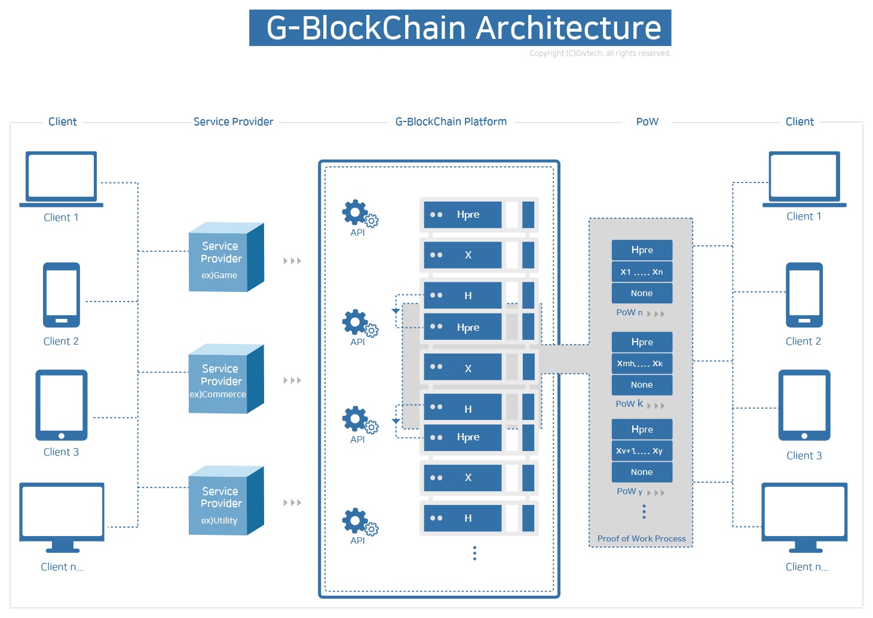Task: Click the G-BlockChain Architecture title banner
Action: pyautogui.click(x=460, y=28)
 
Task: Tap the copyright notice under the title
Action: pyautogui.click(x=600, y=53)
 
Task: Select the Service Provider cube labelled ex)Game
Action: pyautogui.click(x=226, y=258)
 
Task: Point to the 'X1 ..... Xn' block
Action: pyautogui.click(x=642, y=272)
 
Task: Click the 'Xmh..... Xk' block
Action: pyautogui.click(x=642, y=364)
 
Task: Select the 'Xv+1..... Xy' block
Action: pyautogui.click(x=642, y=451)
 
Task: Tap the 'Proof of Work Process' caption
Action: pyautogui.click(x=641, y=538)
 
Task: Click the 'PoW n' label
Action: pyautogui.click(x=629, y=312)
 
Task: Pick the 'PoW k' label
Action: pyautogui.click(x=629, y=404)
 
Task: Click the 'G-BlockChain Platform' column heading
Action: pyautogui.click(x=451, y=122)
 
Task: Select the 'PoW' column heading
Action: pyautogui.click(x=647, y=122)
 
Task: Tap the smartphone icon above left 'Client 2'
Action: pyautogui.click(x=61, y=295)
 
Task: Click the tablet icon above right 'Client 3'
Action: pyautogui.click(x=804, y=405)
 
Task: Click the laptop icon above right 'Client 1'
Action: pyautogui.click(x=804, y=178)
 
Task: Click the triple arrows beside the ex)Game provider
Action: pyautogui.click(x=292, y=261)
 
